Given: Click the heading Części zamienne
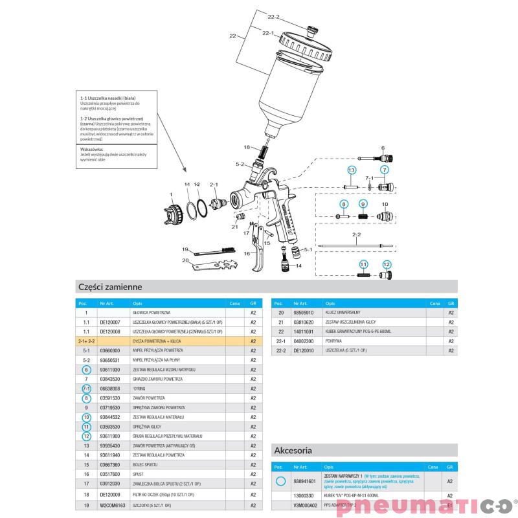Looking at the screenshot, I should tap(109, 286).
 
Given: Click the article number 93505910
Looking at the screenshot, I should tap(304, 312).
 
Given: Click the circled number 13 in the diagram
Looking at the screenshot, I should tap(351, 170).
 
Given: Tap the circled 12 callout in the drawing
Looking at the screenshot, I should tap(387, 264).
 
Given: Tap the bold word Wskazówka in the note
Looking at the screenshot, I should tap(92, 149).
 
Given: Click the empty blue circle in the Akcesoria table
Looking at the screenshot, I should tap(280, 481).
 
